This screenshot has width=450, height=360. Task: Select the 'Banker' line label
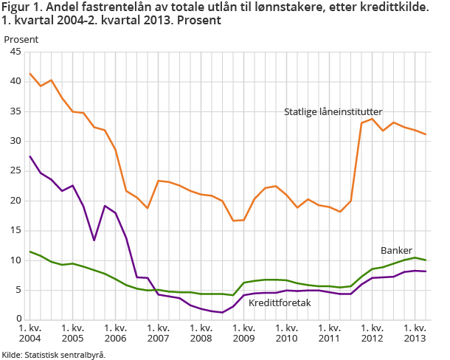point(395,250)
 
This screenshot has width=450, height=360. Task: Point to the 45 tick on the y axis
point(15,52)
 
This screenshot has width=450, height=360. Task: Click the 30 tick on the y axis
point(15,141)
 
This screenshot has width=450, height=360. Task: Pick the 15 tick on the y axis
point(15,230)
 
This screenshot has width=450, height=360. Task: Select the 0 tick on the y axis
point(18,319)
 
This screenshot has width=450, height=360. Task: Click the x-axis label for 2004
point(30,333)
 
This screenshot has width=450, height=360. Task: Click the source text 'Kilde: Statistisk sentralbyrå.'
point(54,354)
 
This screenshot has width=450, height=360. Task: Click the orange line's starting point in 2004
point(30,73)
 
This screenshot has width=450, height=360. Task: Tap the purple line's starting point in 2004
point(30,156)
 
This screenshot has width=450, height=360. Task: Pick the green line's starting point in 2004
point(30,252)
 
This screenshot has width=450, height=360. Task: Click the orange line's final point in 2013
point(425,134)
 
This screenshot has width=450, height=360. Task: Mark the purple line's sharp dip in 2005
point(94,240)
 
